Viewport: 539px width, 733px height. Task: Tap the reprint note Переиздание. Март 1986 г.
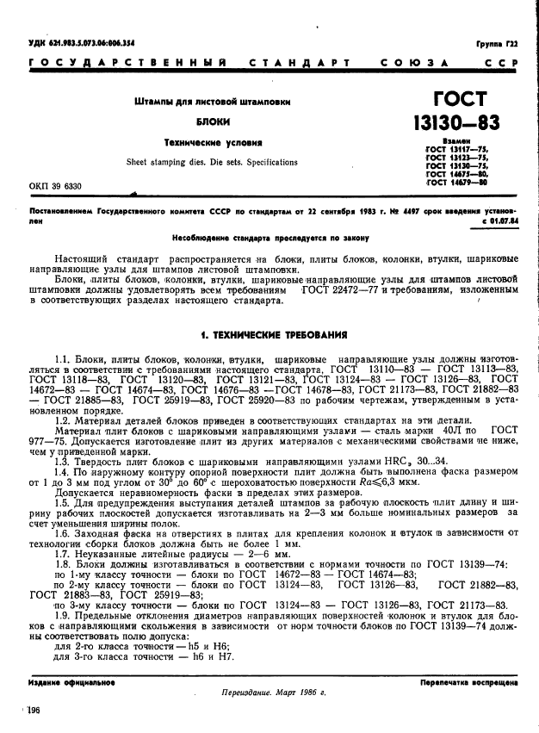click(x=269, y=691)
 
